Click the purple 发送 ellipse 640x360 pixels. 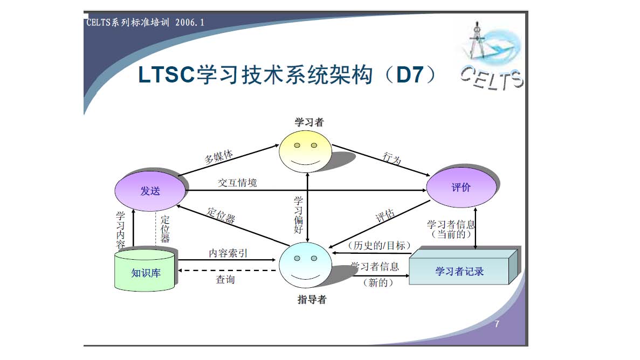150,191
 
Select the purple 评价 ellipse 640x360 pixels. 461,188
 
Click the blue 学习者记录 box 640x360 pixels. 459,271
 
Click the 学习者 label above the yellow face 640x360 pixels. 309,122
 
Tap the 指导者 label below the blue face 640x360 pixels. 312,300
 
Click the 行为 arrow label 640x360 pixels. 392,158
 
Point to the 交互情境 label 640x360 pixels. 237,183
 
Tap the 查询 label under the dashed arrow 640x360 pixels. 225,279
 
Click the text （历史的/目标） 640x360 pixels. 376,245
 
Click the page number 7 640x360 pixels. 497,324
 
